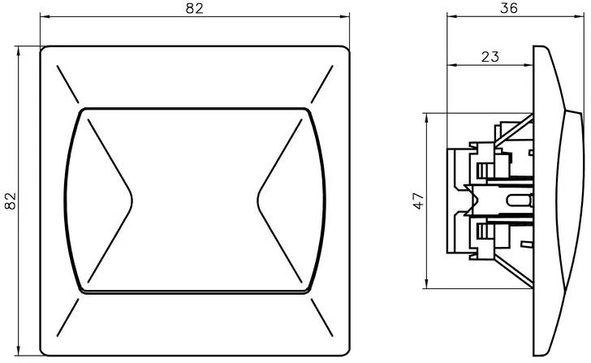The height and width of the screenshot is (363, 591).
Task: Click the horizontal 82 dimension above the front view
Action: pyautogui.click(x=195, y=8)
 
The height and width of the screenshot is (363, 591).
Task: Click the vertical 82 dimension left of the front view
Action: pyautogui.click(x=11, y=201)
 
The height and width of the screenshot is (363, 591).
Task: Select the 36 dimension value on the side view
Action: pyautogui.click(x=509, y=8)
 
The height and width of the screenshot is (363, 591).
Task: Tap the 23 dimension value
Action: pyautogui.click(x=490, y=57)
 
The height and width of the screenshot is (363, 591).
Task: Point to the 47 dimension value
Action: pyautogui.click(x=418, y=201)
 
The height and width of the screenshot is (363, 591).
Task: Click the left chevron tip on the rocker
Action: pyautogui.click(x=132, y=201)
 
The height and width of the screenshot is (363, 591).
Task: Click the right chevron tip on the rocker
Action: pyautogui.click(x=258, y=201)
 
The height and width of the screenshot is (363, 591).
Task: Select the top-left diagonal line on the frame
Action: pyautogui.click(x=68, y=84)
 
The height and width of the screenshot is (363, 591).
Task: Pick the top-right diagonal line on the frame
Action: pyautogui.click(x=321, y=84)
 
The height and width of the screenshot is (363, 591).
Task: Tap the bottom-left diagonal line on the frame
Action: pyautogui.click(x=68, y=318)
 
